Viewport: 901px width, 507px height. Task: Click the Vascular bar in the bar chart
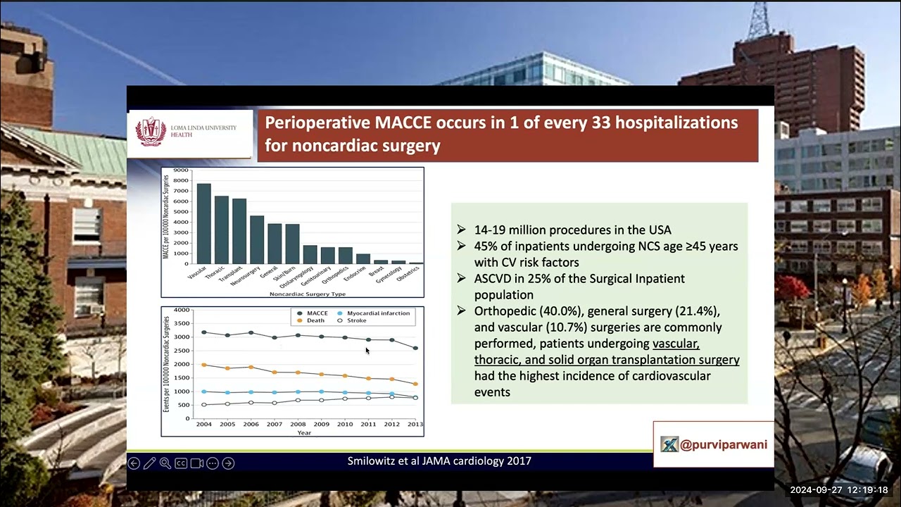pyautogui.click(x=203, y=224)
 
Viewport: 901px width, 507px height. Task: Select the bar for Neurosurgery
pyautogui.click(x=257, y=239)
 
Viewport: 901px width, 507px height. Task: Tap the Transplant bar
pyautogui.click(x=239, y=231)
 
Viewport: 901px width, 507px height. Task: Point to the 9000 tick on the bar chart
pyautogui.click(x=181, y=170)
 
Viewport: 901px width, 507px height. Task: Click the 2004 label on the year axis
pyautogui.click(x=204, y=424)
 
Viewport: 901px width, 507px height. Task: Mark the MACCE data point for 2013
pyautogui.click(x=415, y=348)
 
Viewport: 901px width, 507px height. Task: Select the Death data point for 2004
pyautogui.click(x=204, y=365)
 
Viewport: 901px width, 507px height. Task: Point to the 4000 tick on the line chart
pyautogui.click(x=182, y=310)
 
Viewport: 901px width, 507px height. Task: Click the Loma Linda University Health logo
pyautogui.click(x=151, y=132)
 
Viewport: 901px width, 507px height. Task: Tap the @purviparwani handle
pyautogui.click(x=723, y=444)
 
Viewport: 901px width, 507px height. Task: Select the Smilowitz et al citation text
pyautogui.click(x=439, y=461)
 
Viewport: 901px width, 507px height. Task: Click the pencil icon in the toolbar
pyautogui.click(x=149, y=463)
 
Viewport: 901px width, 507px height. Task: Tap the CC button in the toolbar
pyautogui.click(x=181, y=463)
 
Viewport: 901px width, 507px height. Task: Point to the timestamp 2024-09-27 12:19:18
pyautogui.click(x=838, y=490)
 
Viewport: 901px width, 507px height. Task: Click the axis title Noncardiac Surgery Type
pyautogui.click(x=307, y=294)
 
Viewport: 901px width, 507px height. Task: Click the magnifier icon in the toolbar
pyautogui.click(x=165, y=463)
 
